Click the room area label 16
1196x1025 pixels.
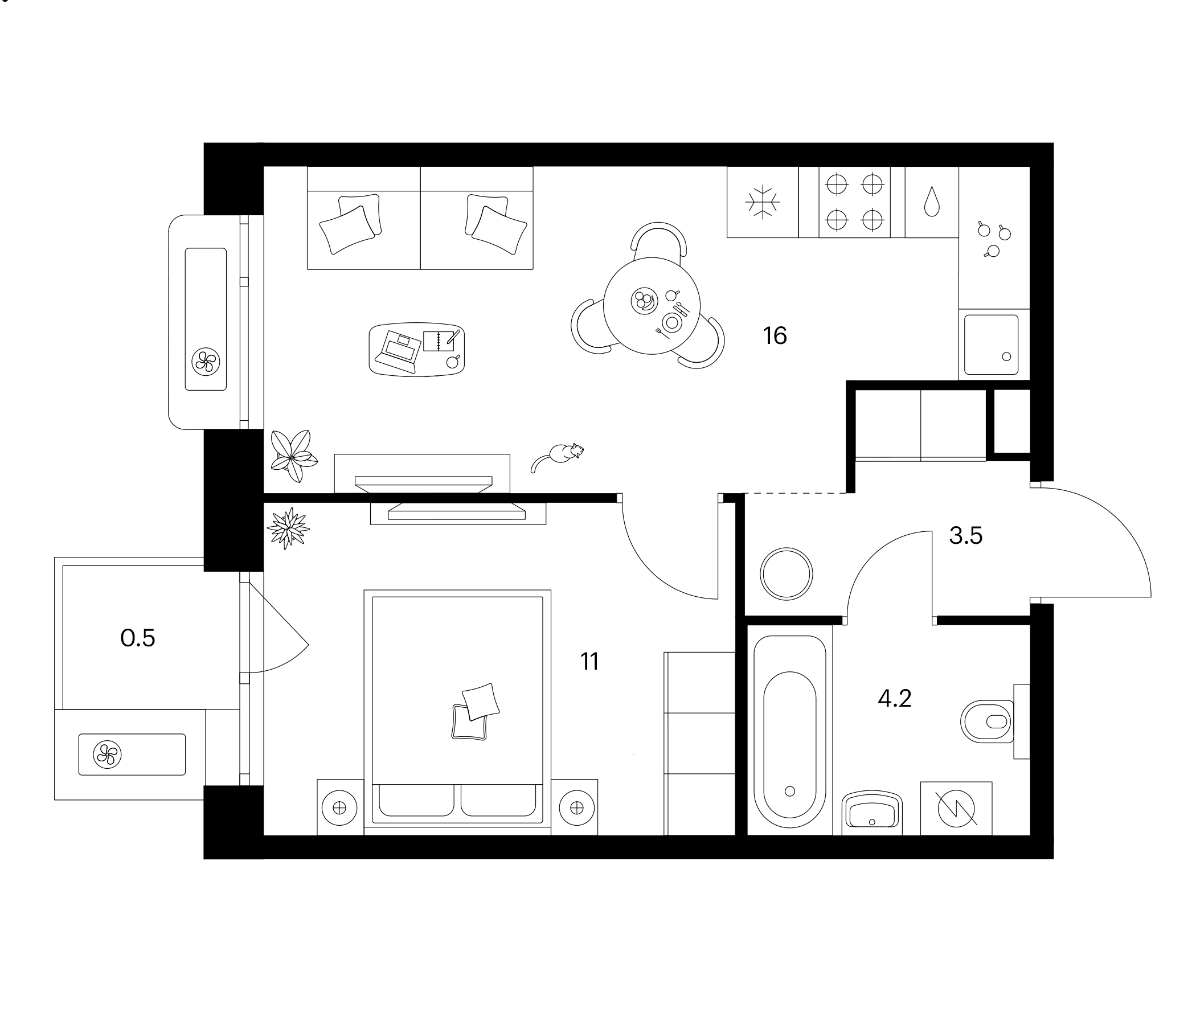click(775, 336)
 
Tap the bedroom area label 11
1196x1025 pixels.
click(589, 661)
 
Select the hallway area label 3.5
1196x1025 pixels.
click(966, 536)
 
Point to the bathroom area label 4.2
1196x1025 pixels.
click(894, 699)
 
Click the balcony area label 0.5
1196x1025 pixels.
click(137, 638)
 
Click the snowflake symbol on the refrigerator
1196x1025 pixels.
click(763, 202)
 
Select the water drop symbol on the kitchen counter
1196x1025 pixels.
click(931, 202)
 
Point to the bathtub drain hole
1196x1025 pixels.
click(790, 792)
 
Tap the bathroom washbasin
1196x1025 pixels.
click(871, 813)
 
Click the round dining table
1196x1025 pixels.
click(652, 306)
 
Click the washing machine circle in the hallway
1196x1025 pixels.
click(786, 574)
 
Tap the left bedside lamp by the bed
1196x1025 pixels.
click(339, 808)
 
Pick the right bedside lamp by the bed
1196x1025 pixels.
click(576, 808)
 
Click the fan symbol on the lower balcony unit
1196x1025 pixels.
click(108, 755)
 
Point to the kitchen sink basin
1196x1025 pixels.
click(990, 345)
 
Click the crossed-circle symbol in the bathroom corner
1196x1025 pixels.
click(956, 808)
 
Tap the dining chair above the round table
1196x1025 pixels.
click(658, 240)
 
